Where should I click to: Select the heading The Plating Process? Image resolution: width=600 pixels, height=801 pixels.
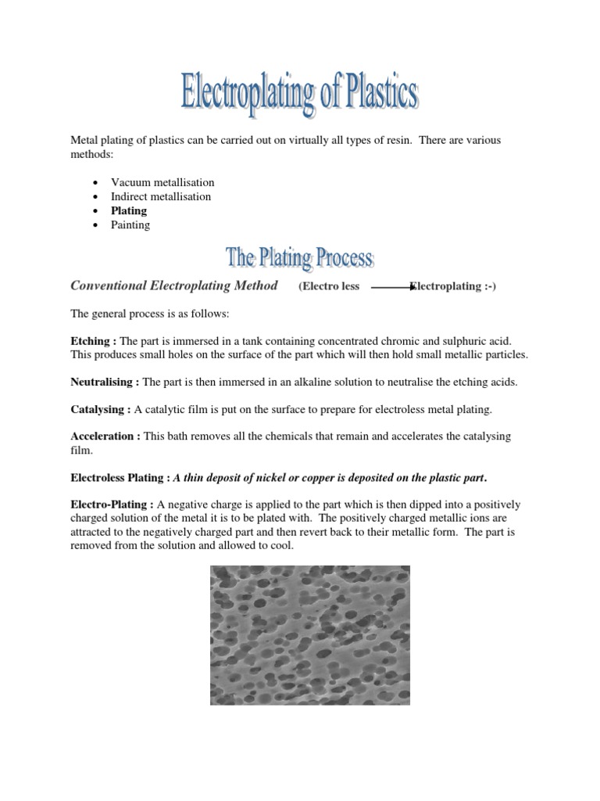click(x=300, y=257)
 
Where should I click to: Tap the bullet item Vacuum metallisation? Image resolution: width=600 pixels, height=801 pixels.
click(x=162, y=182)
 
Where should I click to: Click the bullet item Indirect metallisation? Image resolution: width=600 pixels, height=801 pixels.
click(x=161, y=196)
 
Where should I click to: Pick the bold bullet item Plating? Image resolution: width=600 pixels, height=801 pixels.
click(x=129, y=210)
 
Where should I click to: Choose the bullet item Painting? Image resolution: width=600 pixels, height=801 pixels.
click(x=130, y=224)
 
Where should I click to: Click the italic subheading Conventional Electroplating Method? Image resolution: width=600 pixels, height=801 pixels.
click(x=174, y=286)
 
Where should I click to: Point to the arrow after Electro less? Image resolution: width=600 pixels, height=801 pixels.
click(x=391, y=288)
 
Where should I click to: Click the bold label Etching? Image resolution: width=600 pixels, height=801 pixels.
click(x=93, y=341)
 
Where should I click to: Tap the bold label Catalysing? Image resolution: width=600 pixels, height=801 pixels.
click(x=100, y=409)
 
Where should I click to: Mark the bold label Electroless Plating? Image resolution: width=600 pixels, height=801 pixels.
click(x=120, y=477)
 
